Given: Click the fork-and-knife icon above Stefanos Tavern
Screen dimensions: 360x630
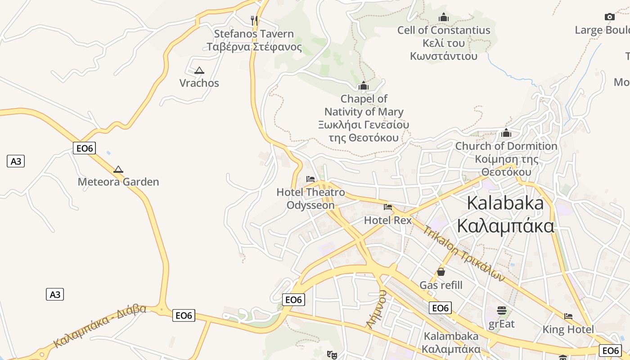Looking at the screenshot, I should pyautogui.click(x=254, y=20).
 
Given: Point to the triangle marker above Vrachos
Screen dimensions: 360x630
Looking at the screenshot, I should pyautogui.click(x=199, y=70).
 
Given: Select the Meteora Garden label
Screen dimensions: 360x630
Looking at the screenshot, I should pyautogui.click(x=118, y=182).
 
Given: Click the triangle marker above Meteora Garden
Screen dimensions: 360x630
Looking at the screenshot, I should pyautogui.click(x=118, y=169).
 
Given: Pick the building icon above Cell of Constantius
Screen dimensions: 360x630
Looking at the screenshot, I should pyautogui.click(x=444, y=17).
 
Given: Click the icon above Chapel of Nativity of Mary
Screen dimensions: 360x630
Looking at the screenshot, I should pyautogui.click(x=364, y=85).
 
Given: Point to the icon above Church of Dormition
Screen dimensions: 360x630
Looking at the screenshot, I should pyautogui.click(x=506, y=133).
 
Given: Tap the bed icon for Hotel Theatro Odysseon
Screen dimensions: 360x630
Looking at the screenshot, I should pyautogui.click(x=310, y=179).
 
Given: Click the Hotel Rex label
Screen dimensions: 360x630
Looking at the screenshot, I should pyautogui.click(x=388, y=220).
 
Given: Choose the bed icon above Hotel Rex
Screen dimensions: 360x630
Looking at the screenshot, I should pyautogui.click(x=388, y=207).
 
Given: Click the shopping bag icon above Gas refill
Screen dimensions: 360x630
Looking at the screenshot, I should pyautogui.click(x=441, y=272).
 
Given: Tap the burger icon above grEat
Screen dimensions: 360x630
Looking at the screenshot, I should pyautogui.click(x=502, y=310).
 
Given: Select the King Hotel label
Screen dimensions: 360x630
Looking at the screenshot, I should pyautogui.click(x=568, y=329).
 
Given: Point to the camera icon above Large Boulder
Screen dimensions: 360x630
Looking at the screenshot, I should pyautogui.click(x=610, y=17).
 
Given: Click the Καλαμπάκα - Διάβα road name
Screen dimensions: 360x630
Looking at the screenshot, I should pyautogui.click(x=100, y=326).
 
